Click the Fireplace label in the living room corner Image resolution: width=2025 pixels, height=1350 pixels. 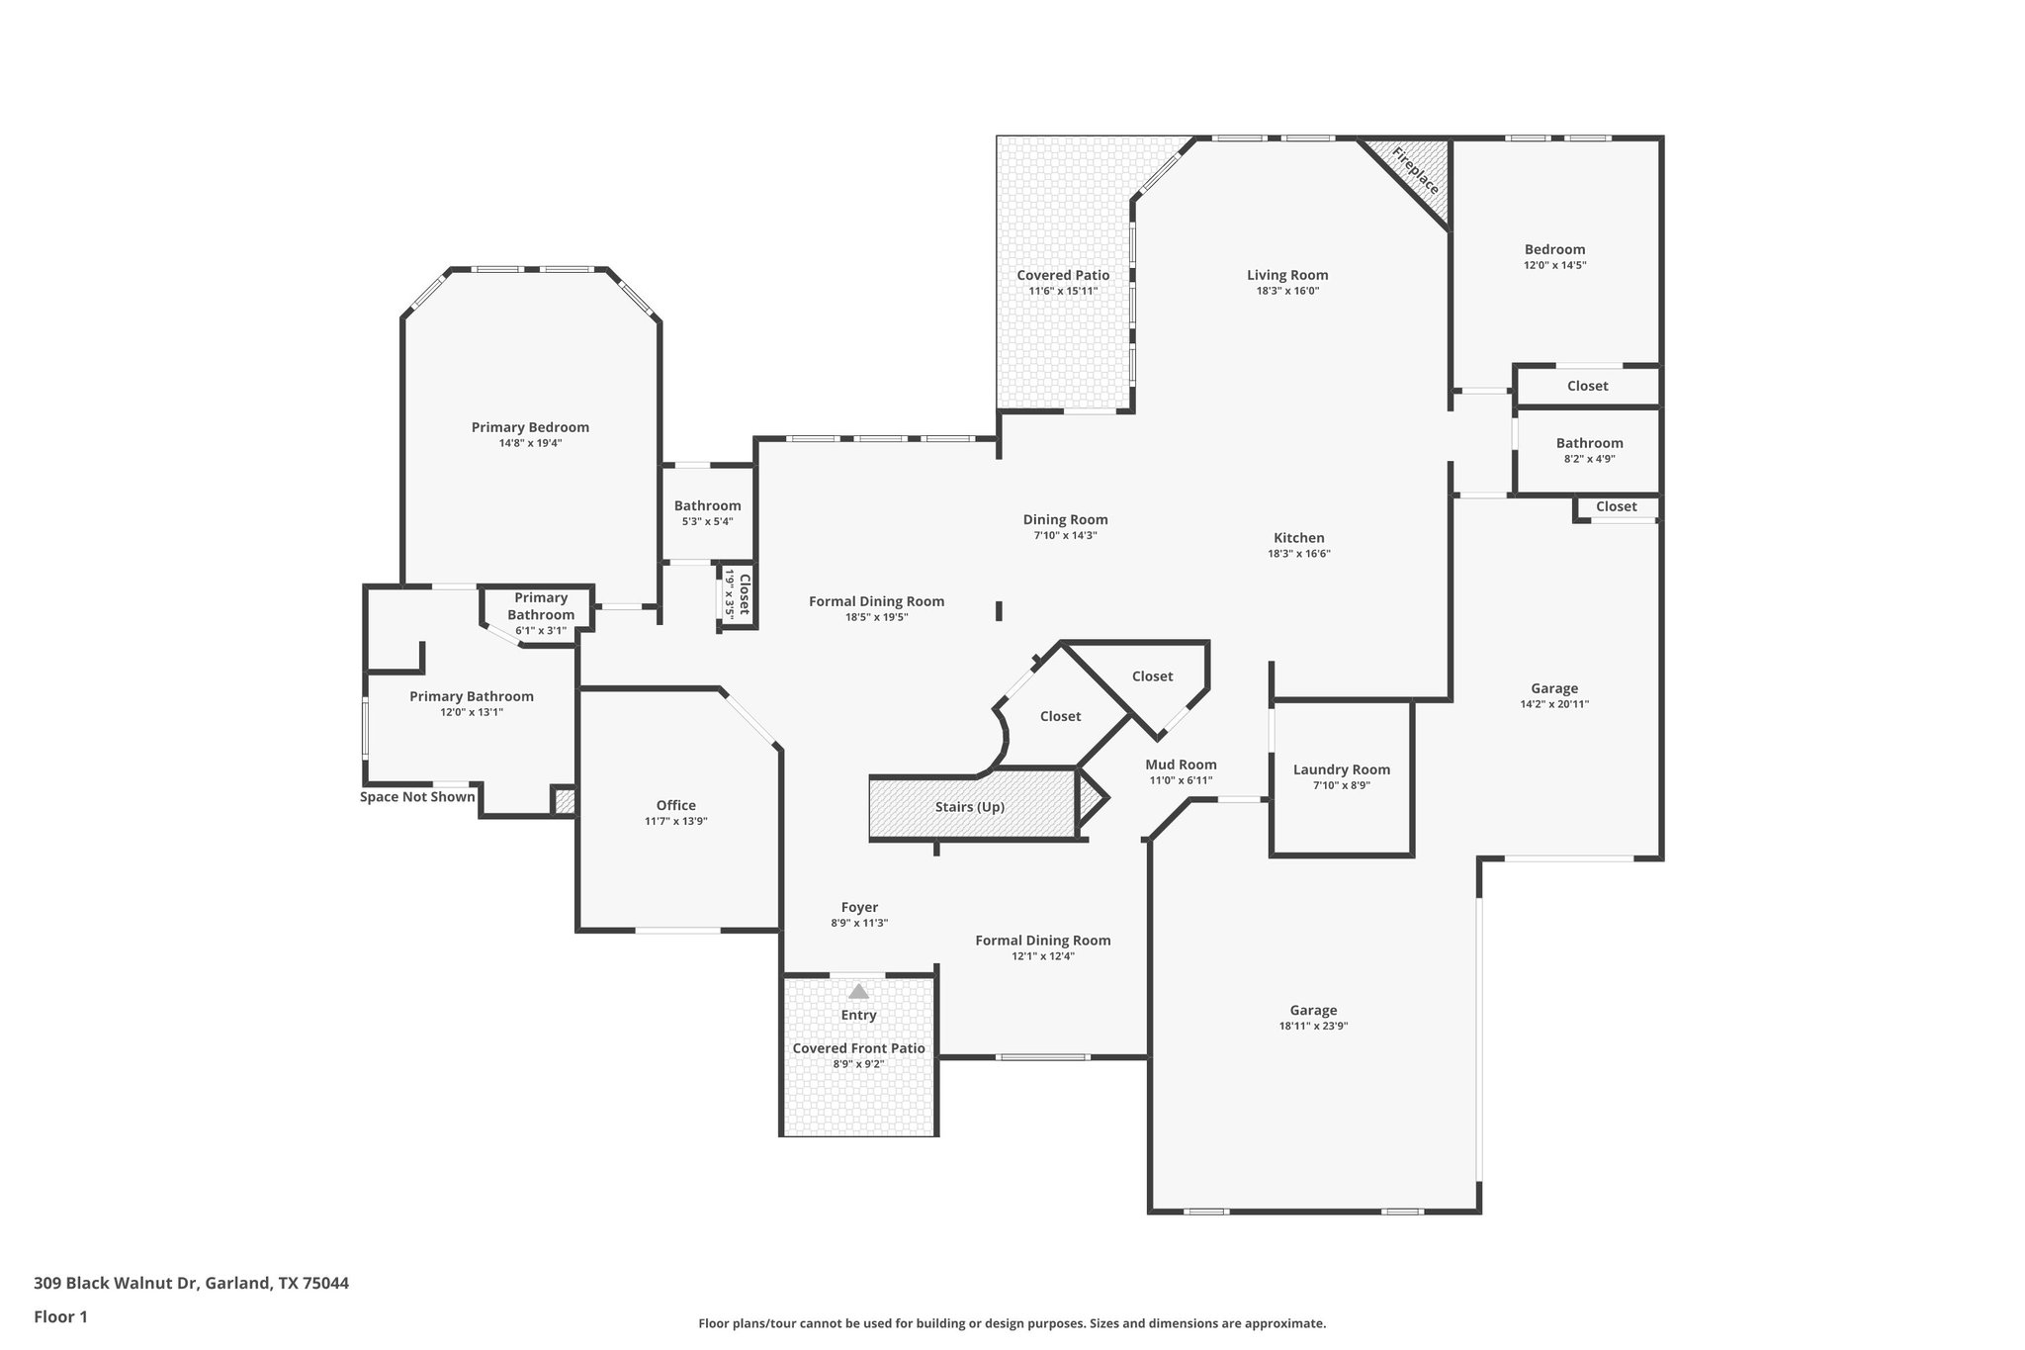(1415, 170)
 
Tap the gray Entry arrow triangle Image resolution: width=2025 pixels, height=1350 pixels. (858, 991)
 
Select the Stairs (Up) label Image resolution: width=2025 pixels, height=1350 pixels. (969, 807)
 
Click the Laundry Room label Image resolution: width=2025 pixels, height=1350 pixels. (1341, 769)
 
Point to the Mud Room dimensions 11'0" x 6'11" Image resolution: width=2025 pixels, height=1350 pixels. (1181, 780)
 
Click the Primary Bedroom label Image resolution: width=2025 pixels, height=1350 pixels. (530, 427)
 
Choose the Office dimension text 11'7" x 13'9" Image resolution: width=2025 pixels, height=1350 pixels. (675, 821)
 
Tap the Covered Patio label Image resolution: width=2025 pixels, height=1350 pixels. (1063, 275)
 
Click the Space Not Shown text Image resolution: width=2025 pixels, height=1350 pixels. (417, 797)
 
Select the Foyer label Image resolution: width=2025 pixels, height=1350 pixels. (859, 907)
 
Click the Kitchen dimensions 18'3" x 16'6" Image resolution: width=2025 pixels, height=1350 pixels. (1298, 554)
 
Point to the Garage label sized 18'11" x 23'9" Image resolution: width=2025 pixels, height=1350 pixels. (1313, 1010)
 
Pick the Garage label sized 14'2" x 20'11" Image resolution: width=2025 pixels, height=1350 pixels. (1554, 688)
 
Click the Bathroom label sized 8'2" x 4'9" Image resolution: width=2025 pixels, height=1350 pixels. (1589, 443)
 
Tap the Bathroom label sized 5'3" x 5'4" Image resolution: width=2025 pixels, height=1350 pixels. (707, 505)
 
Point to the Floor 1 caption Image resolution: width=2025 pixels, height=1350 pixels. (60, 1316)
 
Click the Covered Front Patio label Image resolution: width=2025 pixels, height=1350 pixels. (858, 1048)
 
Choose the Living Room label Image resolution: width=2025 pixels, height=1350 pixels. (1286, 275)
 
